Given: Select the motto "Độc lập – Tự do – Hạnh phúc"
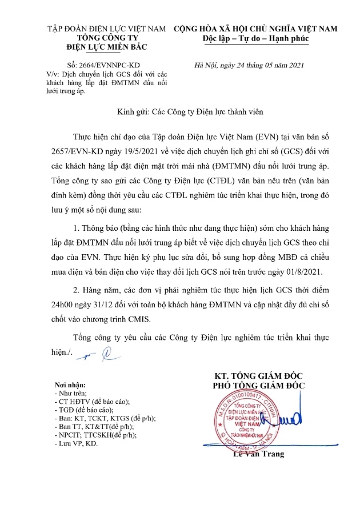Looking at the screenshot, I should coord(255,39).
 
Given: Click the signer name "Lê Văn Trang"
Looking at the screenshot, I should coord(258,455).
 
